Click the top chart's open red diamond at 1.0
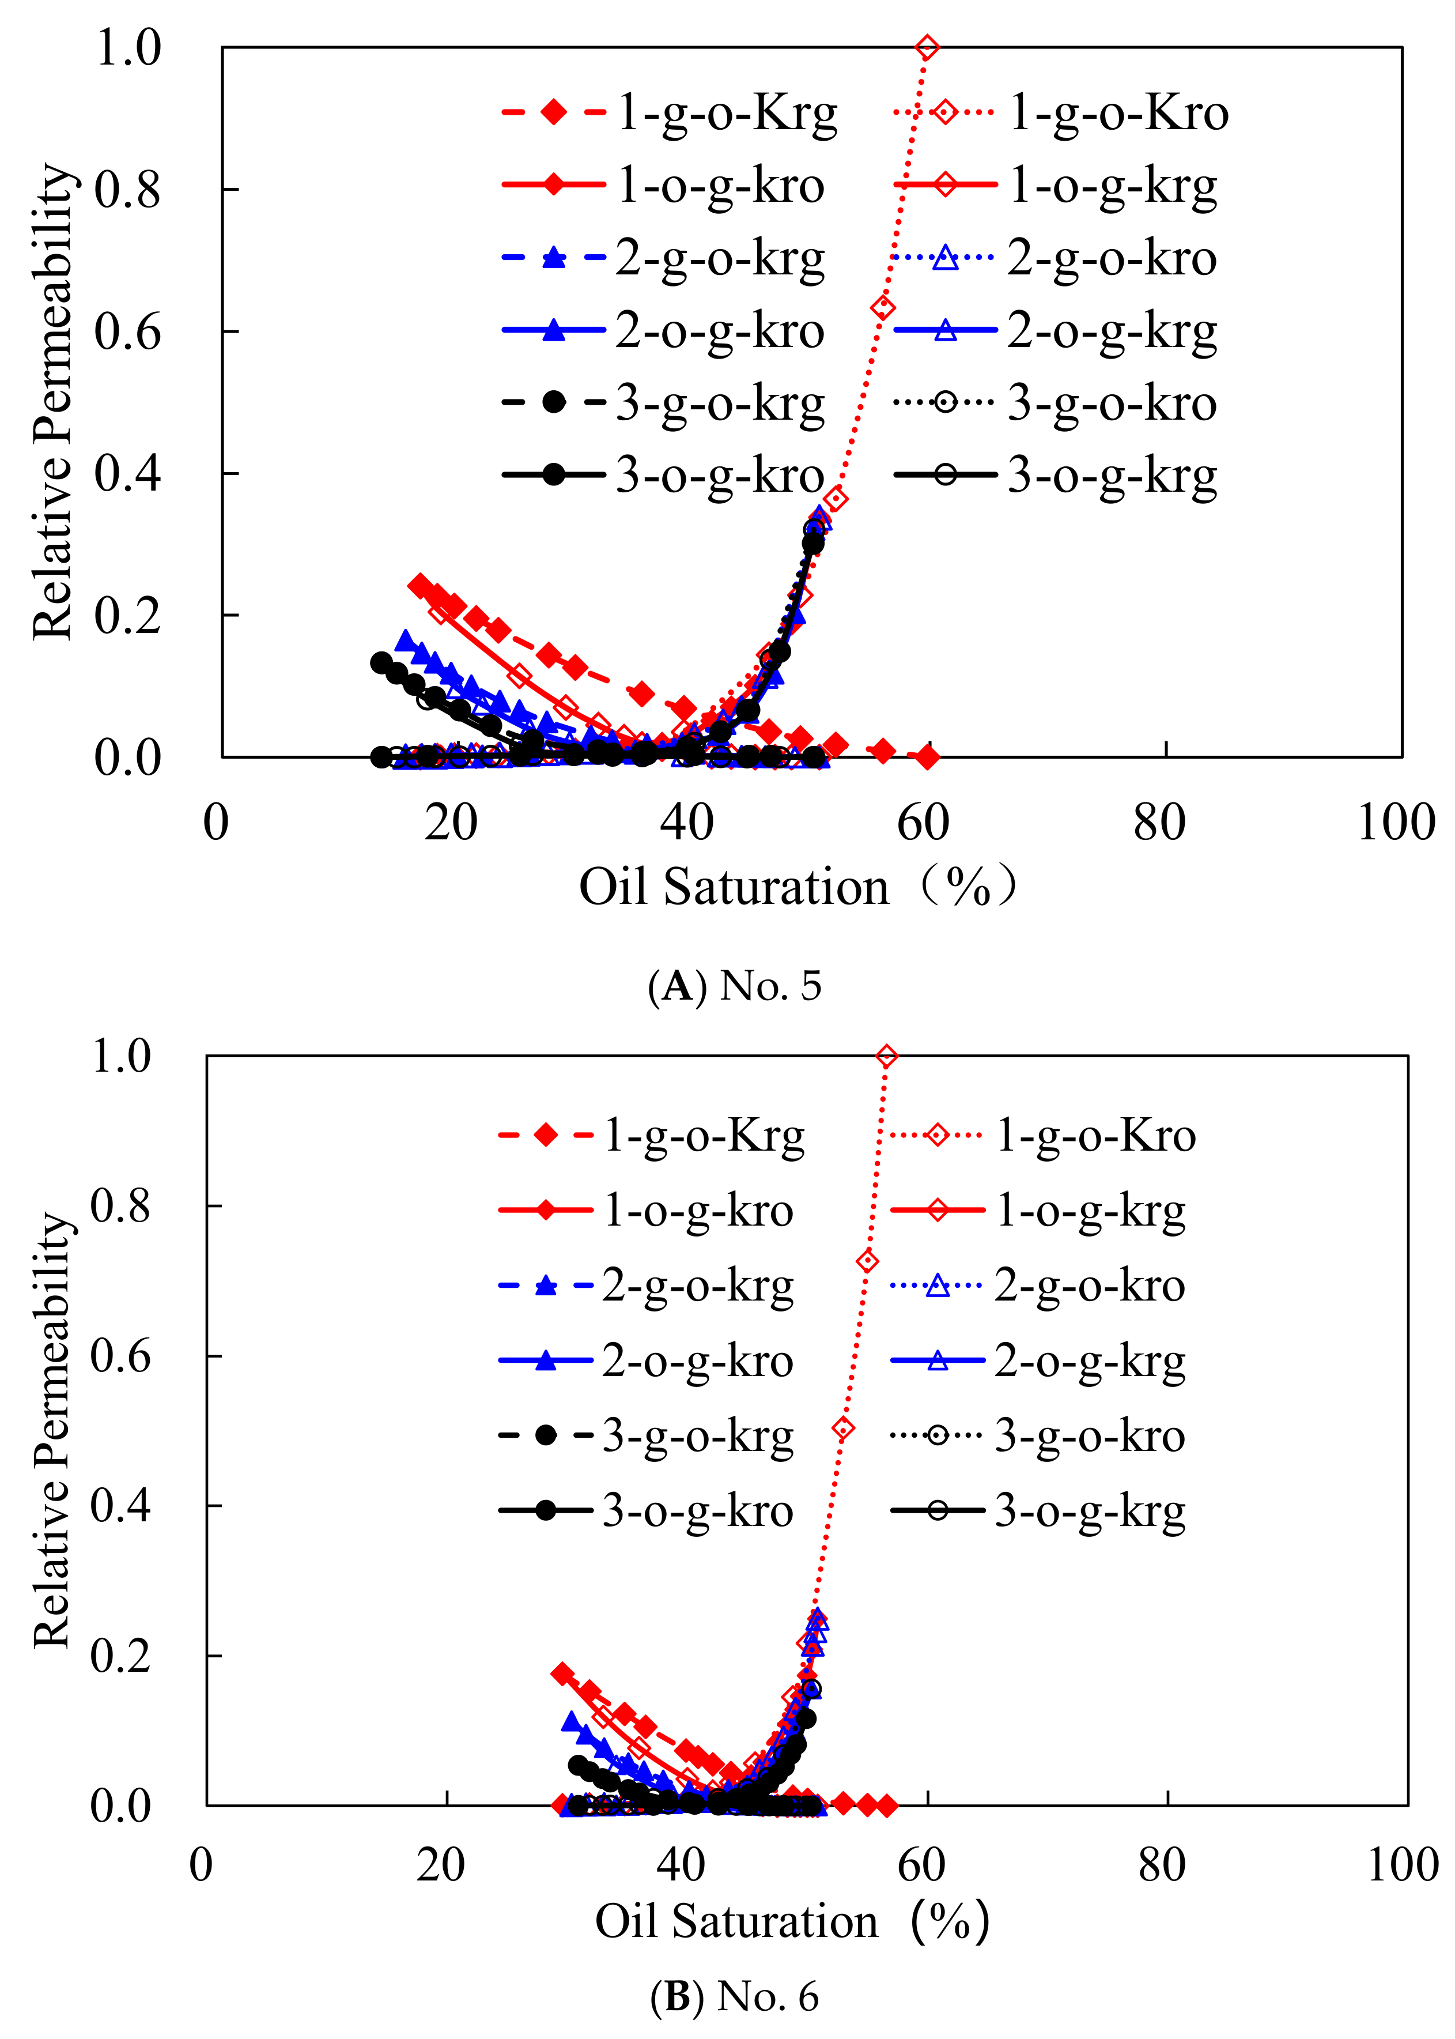tap(927, 47)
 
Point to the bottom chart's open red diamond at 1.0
tap(886, 1057)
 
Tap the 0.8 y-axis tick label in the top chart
tap(127, 189)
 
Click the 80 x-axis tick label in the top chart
tap(1159, 823)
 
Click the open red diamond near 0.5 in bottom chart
tap(842, 1429)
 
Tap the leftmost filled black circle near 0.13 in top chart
tap(381, 662)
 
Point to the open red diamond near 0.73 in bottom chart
tap(866, 1261)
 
